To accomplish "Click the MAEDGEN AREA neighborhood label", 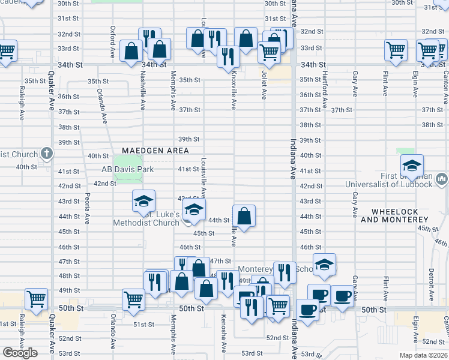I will click(x=155, y=151).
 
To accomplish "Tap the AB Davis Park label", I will click(x=127, y=170).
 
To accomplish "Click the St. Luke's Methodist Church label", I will click(x=146, y=218).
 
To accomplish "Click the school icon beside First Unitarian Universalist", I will click(x=412, y=166).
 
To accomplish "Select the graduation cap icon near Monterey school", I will click(x=324, y=265).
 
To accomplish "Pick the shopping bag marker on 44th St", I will click(x=244, y=217).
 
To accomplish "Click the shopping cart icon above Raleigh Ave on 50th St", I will click(x=37, y=299).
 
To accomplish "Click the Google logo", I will click(x=20, y=353).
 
